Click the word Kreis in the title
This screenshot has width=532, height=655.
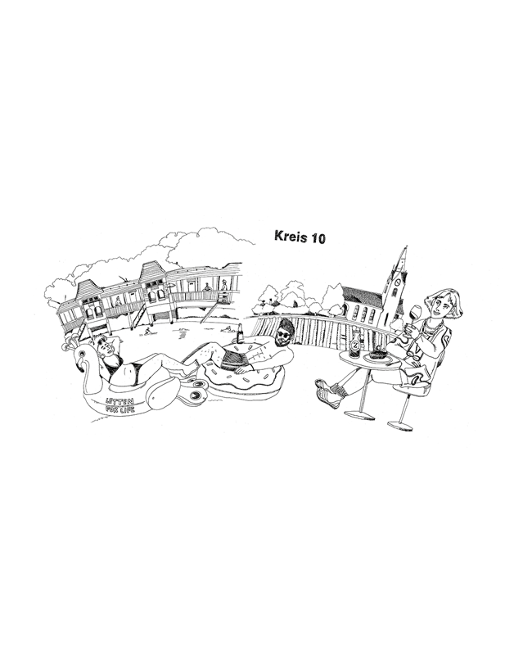(x=290, y=237)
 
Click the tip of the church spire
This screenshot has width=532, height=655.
(x=402, y=246)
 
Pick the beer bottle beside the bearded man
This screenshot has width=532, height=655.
(x=241, y=333)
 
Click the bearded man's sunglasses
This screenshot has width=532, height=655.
(x=283, y=334)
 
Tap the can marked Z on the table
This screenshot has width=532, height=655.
(x=354, y=347)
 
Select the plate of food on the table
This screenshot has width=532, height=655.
(x=378, y=355)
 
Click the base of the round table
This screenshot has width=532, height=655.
(x=359, y=414)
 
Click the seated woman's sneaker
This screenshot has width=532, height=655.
(x=327, y=395)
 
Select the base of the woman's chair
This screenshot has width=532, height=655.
(x=401, y=424)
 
